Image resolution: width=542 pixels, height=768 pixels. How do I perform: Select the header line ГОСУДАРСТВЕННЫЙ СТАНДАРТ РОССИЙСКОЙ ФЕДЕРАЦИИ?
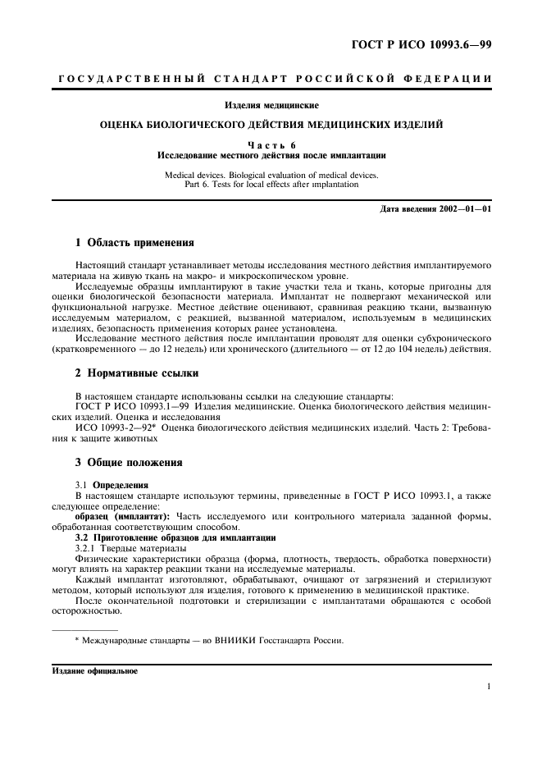coord(271,79)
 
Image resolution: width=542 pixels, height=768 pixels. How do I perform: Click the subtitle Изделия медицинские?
coord(271,105)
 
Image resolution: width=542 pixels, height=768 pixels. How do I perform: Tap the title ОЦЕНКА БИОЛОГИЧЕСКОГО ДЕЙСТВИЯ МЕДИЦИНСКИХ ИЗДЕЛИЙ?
coord(271,126)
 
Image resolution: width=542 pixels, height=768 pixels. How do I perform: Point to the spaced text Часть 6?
coord(271,145)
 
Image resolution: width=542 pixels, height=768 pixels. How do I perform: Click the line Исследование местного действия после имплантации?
coord(271,155)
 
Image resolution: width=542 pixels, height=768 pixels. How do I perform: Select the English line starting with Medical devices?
coord(271,175)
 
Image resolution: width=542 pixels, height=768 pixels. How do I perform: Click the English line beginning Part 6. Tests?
coord(271,185)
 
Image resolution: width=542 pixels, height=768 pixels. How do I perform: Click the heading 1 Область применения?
coord(130,244)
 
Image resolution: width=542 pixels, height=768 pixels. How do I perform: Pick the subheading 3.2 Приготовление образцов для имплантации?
coord(167,537)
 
